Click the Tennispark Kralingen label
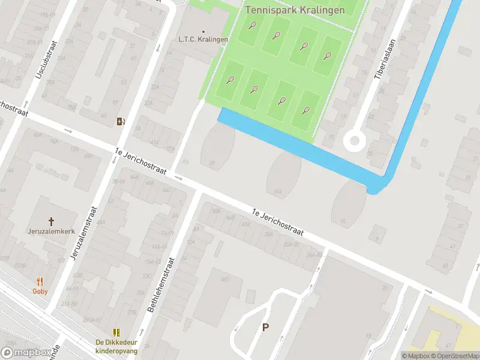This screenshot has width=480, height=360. tap(295, 10)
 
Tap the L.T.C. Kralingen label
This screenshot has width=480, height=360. tap(203, 40)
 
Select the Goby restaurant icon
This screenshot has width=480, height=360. tap(40, 281)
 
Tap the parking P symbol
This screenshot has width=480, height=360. tap(265, 327)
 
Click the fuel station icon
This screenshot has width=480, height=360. tap(121, 122)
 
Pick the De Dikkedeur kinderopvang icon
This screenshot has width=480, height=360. tap(116, 332)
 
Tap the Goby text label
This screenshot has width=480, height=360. tap(40, 291)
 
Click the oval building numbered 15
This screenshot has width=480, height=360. tap(349, 200)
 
